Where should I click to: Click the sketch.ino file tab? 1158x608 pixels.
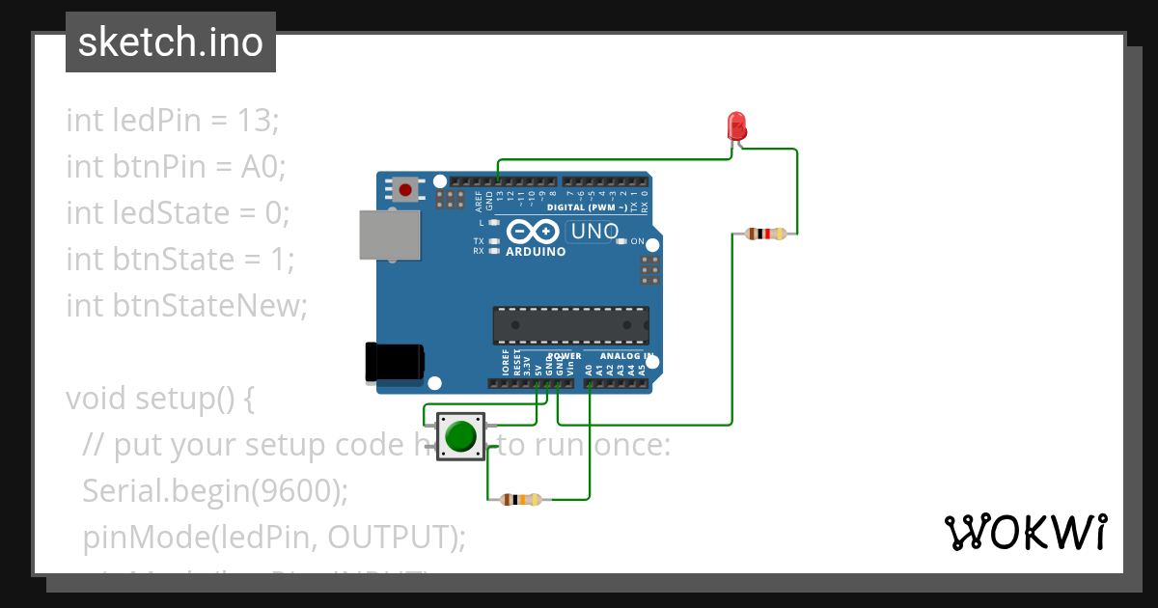click(x=171, y=42)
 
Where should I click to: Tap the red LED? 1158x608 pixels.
click(x=735, y=125)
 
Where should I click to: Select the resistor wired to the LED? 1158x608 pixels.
click(x=766, y=234)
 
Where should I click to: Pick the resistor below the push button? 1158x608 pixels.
click(x=521, y=499)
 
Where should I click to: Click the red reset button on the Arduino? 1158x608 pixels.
click(x=405, y=189)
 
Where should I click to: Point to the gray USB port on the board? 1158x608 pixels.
click(x=390, y=235)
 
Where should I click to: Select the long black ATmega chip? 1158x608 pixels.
click(x=570, y=325)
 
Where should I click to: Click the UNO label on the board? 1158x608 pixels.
click(x=594, y=232)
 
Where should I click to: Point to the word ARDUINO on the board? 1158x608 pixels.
click(x=536, y=252)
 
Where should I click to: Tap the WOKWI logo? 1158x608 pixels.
click(x=1025, y=533)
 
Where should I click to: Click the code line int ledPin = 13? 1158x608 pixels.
click(x=172, y=121)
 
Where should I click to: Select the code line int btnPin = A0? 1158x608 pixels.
click(x=176, y=167)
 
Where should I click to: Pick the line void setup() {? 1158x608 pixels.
click(x=159, y=399)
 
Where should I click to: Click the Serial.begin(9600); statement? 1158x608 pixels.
click(x=214, y=490)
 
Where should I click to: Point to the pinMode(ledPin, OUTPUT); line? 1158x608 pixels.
click(x=274, y=537)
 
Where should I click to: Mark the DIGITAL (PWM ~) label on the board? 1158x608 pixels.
click(x=587, y=207)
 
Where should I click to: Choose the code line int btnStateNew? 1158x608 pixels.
click(x=185, y=306)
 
